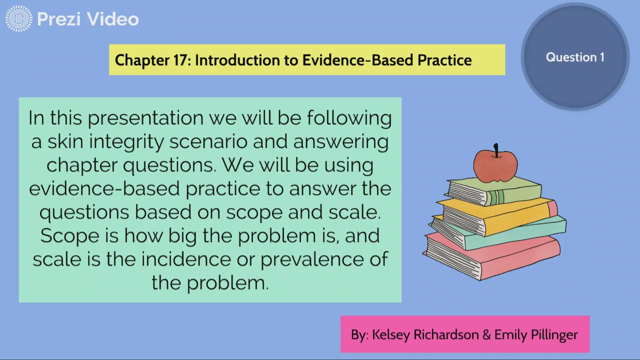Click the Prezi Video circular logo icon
19,19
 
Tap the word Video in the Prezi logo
113,19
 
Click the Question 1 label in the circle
575,57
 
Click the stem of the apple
496,149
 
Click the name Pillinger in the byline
553,334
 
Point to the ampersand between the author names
486,334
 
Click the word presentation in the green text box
145,118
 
